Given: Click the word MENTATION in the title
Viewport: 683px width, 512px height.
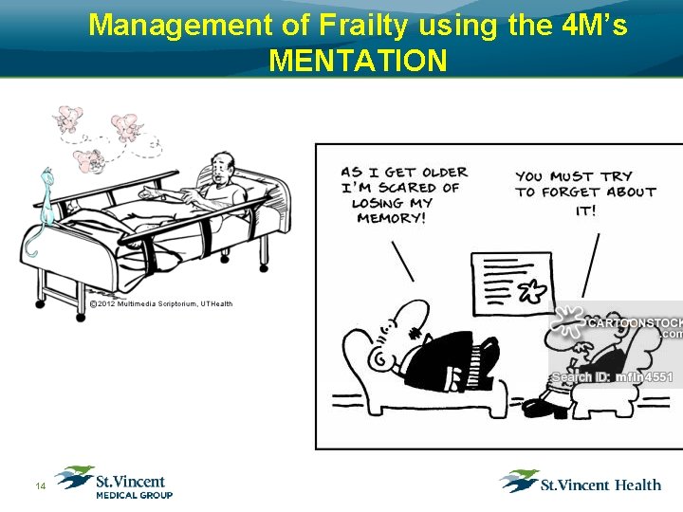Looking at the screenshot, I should pyautogui.click(x=358, y=61).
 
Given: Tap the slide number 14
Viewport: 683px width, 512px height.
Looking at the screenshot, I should pyautogui.click(x=40, y=486).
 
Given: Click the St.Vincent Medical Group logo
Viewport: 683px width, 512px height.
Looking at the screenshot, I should pyautogui.click(x=114, y=482).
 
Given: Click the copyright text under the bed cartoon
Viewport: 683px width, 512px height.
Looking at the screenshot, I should pyautogui.click(x=160, y=303).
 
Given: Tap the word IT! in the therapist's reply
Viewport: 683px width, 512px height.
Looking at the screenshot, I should pyautogui.click(x=585, y=210).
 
